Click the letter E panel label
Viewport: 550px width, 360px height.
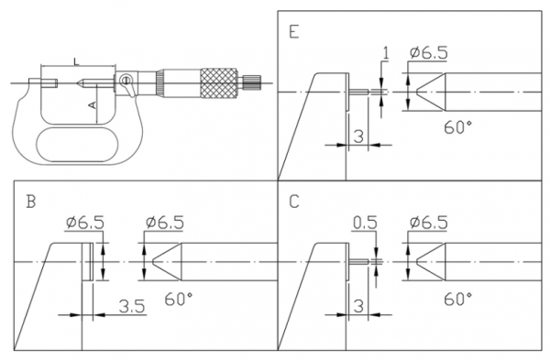[x=294, y=31]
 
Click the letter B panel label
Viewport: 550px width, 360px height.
[x=31, y=202]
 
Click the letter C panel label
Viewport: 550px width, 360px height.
[x=294, y=202]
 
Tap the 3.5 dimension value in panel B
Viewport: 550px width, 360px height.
[x=132, y=306]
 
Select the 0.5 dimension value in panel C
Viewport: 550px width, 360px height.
[x=365, y=223]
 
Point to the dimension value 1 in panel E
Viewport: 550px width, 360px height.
[x=386, y=53]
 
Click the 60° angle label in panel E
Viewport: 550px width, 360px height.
[x=458, y=127]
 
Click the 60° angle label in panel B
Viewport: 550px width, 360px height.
[x=179, y=299]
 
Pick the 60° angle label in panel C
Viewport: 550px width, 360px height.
[x=458, y=299]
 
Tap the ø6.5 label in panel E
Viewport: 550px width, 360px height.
[x=429, y=52]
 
